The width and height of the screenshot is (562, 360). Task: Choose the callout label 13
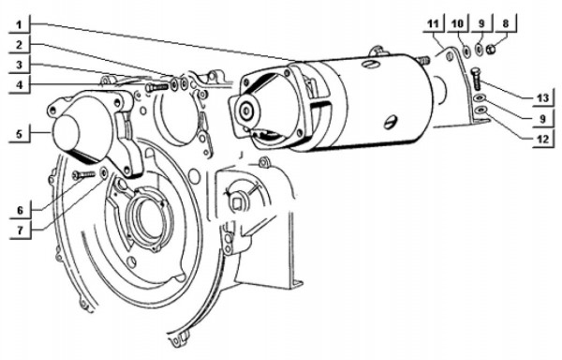[x=540, y=97]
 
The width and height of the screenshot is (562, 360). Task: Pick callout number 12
[x=540, y=139]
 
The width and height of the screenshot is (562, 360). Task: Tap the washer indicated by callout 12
[x=480, y=111]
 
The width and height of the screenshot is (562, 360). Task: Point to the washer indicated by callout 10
[x=464, y=51]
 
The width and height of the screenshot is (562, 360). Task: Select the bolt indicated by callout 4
[x=157, y=87]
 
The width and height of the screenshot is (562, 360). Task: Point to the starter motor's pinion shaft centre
[x=244, y=111]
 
